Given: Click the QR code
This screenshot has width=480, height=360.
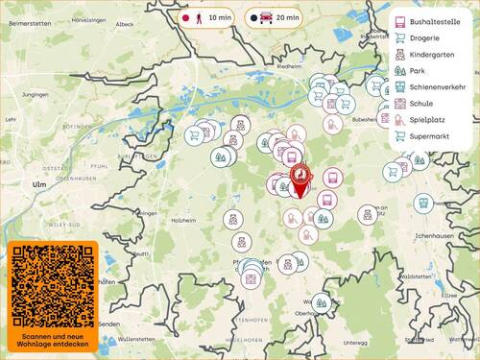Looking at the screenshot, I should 53,285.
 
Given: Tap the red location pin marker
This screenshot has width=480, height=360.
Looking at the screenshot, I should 302,178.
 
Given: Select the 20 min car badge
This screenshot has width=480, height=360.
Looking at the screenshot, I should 274,17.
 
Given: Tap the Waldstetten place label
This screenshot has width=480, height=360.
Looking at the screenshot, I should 416,276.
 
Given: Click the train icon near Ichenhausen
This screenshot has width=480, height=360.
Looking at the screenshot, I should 423,204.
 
